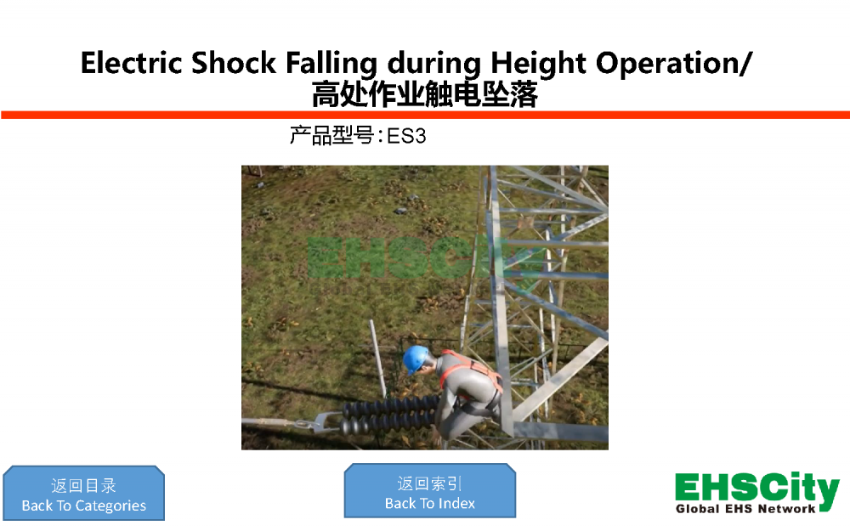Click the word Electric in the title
click(x=131, y=63)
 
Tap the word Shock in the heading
click(x=234, y=63)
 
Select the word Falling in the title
click(x=331, y=64)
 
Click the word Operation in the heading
click(x=666, y=64)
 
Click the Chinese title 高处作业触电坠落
click(x=424, y=94)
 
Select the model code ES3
click(x=406, y=136)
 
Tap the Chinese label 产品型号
click(x=331, y=135)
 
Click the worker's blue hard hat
click(x=416, y=359)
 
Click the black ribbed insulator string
click(x=390, y=414)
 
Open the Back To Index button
click(x=430, y=491)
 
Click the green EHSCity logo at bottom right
click(x=756, y=490)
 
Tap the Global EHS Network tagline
click(x=745, y=509)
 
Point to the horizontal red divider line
click(x=425, y=115)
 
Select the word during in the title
click(x=433, y=64)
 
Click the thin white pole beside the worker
click(x=378, y=359)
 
